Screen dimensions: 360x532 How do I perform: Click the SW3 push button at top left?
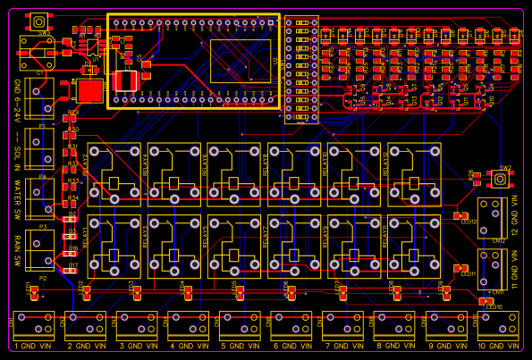pos(39,21)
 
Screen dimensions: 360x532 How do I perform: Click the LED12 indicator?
pos(462,215)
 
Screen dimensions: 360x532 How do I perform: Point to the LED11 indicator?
pos(461,268)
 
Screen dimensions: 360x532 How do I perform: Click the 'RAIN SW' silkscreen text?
pos(17,251)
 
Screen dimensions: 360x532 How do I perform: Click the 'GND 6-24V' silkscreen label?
pos(17,100)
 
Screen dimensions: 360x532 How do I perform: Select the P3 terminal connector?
pos(41,252)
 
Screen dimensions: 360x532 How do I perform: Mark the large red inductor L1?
pos(90,89)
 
